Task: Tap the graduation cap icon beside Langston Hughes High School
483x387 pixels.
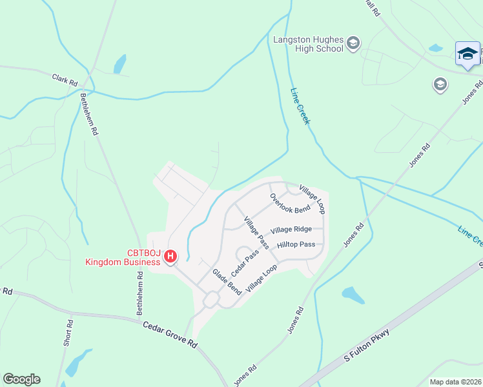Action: pyautogui.click(x=353, y=43)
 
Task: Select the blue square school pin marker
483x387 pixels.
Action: pyautogui.click(x=467, y=54)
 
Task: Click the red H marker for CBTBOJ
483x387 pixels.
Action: pyautogui.click(x=170, y=257)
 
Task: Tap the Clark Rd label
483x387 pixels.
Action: pyautogui.click(x=65, y=80)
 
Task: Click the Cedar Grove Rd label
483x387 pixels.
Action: pyautogui.click(x=170, y=335)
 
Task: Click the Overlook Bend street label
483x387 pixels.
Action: pyautogui.click(x=290, y=203)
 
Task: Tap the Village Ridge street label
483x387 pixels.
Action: pyautogui.click(x=291, y=230)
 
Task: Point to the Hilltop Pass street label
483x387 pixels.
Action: pyautogui.click(x=296, y=244)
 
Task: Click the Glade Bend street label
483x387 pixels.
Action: pyautogui.click(x=227, y=282)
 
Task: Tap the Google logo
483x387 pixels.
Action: pyautogui.click(x=21, y=379)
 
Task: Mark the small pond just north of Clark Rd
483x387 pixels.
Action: pyautogui.click(x=120, y=64)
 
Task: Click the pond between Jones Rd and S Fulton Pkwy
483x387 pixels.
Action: pyautogui.click(x=353, y=295)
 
